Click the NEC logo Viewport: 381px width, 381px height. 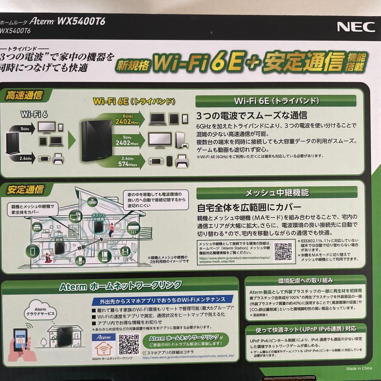pos(356,27)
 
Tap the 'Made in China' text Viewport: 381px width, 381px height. pos(358,368)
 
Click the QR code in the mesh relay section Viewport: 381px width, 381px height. pos(283,252)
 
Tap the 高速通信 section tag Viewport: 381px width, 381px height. pos(24,95)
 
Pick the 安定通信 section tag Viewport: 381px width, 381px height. pos(25,189)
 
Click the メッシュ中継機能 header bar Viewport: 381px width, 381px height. pos(277,193)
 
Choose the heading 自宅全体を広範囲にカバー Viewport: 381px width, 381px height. pos(249,206)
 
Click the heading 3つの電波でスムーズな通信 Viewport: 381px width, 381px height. pos(252,115)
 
